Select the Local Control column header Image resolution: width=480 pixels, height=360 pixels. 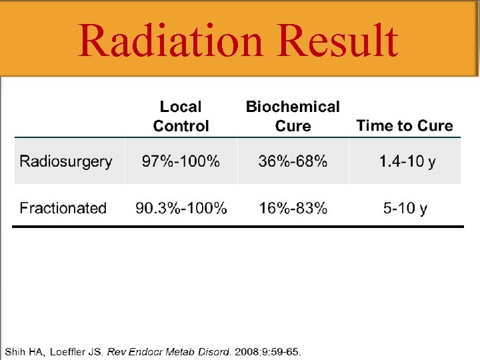click(x=181, y=117)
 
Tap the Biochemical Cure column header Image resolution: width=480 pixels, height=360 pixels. click(x=293, y=117)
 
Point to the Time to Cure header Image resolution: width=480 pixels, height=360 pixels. click(x=404, y=126)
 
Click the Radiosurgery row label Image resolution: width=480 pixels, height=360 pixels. click(x=66, y=161)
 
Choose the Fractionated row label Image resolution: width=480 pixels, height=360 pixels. click(x=63, y=208)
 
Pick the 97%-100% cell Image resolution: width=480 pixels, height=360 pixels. click(x=181, y=161)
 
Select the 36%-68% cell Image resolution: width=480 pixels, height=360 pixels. click(x=293, y=161)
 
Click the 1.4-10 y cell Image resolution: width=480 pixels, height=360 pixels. click(x=407, y=161)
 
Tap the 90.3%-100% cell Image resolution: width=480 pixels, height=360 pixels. click(x=181, y=208)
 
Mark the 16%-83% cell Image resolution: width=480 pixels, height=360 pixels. click(x=293, y=208)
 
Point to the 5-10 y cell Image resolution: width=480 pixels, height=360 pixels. click(x=405, y=208)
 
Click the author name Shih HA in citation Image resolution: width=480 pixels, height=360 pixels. click(x=24, y=351)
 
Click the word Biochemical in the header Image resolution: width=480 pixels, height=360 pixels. click(x=293, y=107)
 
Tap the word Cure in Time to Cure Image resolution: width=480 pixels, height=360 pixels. click(x=435, y=126)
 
